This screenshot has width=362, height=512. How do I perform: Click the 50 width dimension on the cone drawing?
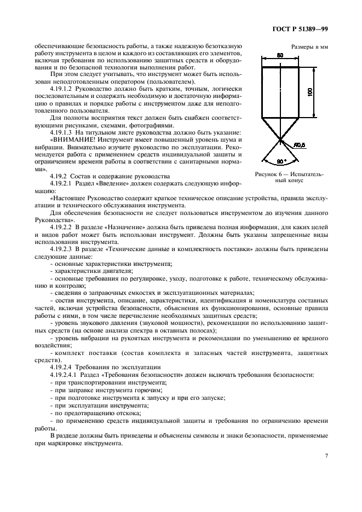coord(280,56)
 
